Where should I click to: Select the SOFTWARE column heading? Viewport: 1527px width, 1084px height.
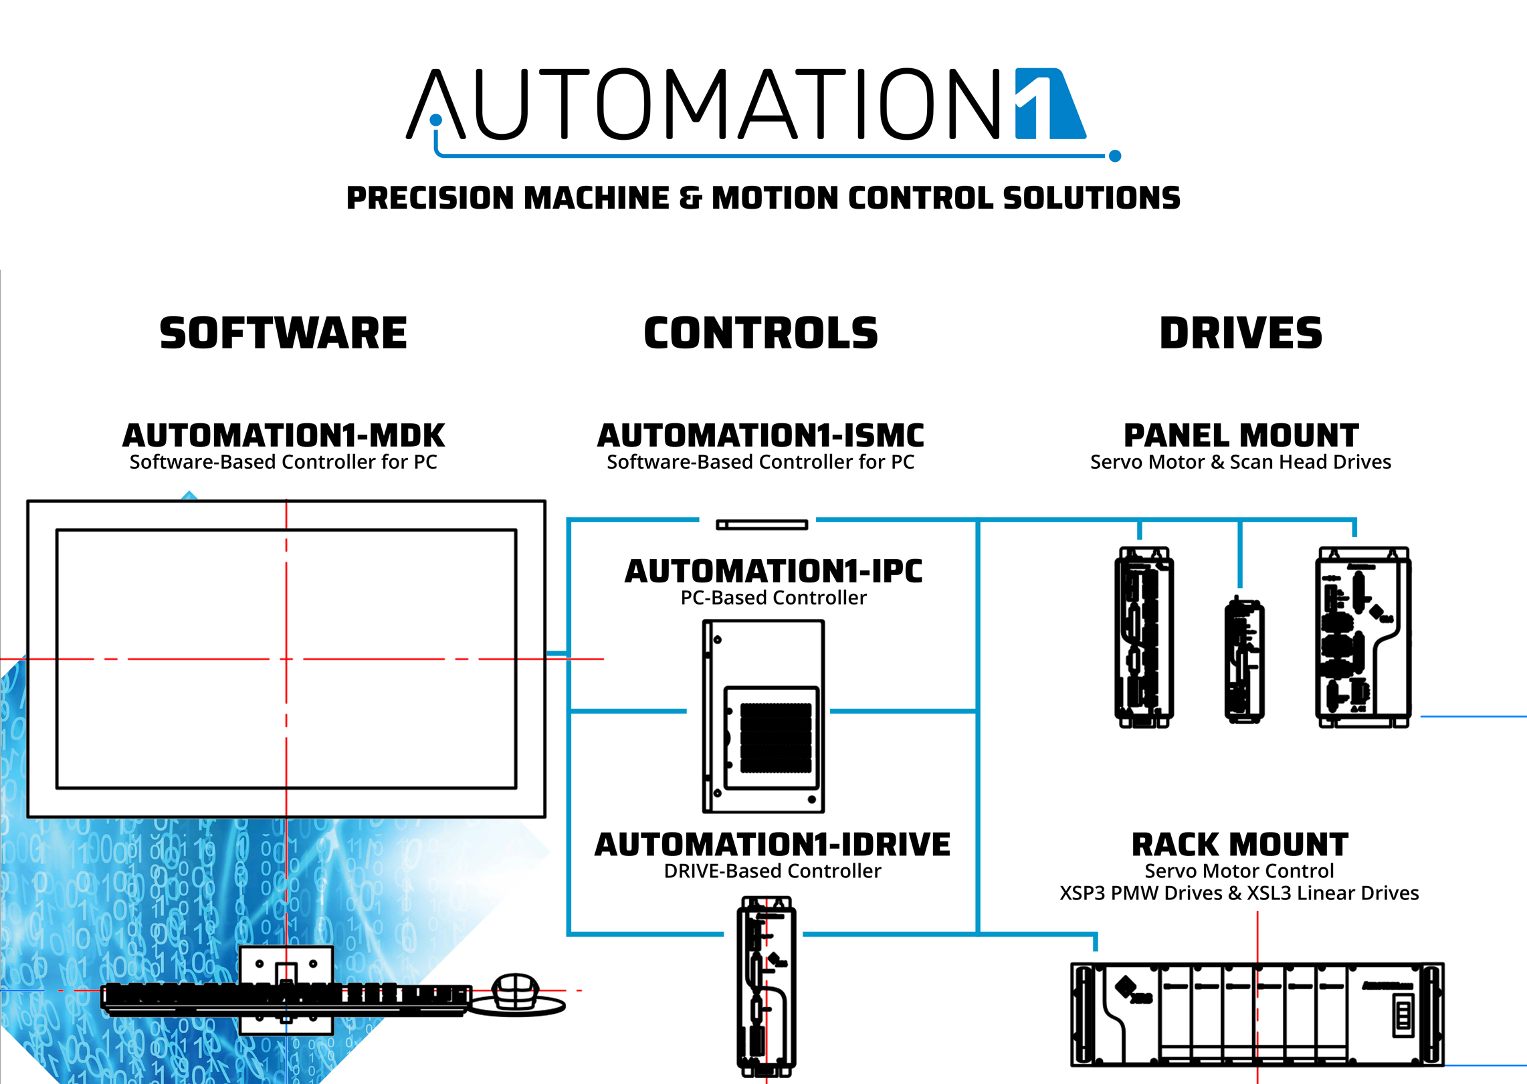tap(283, 334)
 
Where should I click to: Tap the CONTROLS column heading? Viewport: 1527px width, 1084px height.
tap(760, 334)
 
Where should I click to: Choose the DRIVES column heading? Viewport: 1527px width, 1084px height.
tap(1241, 334)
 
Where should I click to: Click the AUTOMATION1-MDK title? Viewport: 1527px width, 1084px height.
tap(283, 436)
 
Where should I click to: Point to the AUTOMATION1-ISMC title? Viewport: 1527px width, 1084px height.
tap(760, 436)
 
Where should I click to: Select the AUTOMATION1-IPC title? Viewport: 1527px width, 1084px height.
tap(773, 572)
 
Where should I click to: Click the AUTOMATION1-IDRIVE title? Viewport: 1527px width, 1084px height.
tap(773, 845)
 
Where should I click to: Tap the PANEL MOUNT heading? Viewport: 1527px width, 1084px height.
tap(1241, 436)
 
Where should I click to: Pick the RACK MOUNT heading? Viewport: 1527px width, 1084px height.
tap(1239, 845)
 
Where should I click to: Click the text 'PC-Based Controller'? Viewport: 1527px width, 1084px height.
tap(773, 598)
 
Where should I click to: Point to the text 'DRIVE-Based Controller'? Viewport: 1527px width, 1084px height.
tap(773, 871)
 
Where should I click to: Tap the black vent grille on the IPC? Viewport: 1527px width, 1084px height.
tap(775, 738)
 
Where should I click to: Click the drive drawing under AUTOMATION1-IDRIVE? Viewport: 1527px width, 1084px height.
tap(767, 986)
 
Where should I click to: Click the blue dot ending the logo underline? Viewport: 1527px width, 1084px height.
tap(1114, 156)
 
